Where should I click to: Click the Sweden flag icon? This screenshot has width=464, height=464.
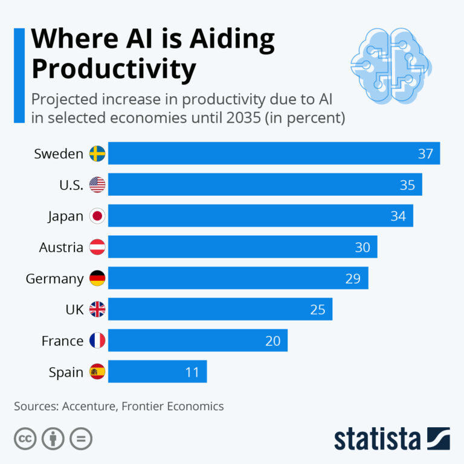(97, 153)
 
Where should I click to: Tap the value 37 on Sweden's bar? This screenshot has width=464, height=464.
(425, 153)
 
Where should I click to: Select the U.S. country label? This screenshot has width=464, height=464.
(71, 185)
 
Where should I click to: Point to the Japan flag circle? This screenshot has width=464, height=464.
(97, 216)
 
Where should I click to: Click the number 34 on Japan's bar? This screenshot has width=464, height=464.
(398, 216)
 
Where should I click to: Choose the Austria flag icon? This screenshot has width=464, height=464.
(97, 247)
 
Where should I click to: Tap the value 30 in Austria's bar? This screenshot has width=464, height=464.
(362, 247)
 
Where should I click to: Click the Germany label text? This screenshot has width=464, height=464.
(54, 279)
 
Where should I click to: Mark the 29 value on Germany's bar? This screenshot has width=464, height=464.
(353, 279)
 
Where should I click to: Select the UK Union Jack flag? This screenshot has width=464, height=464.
(97, 310)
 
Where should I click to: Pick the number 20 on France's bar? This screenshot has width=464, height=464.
(272, 341)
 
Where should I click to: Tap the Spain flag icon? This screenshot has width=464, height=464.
(97, 372)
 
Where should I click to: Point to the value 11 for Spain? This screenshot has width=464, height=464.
(192, 372)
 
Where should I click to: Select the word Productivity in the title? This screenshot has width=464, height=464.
(114, 69)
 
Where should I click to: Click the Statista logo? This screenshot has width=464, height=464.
(391, 439)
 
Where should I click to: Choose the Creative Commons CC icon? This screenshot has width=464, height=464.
(25, 439)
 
